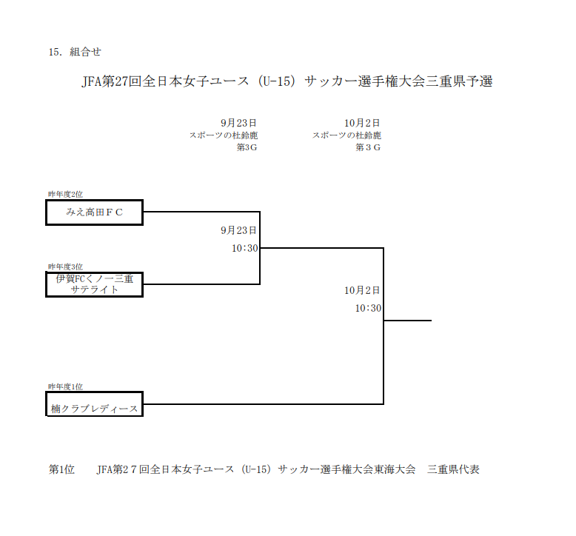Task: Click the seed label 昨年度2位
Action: coord(65,195)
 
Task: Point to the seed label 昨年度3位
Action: coord(65,267)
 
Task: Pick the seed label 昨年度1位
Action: coord(65,386)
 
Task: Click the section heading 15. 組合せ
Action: coord(75,52)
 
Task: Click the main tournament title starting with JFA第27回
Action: coord(287,81)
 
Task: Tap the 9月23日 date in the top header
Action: coord(238,123)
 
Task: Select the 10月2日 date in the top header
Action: coord(362,123)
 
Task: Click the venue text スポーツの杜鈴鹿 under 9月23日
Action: coord(224,135)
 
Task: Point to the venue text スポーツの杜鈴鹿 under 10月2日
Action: coord(346,135)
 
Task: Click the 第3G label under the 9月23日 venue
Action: coord(247,147)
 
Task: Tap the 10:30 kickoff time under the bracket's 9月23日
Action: coord(244,248)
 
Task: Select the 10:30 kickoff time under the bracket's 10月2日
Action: coord(368,308)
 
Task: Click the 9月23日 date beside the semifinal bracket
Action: coord(238,230)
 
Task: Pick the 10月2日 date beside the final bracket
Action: coord(362,290)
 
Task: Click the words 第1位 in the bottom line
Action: coord(61,469)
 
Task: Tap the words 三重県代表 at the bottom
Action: coord(453,469)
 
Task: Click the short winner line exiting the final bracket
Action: coord(408,321)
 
